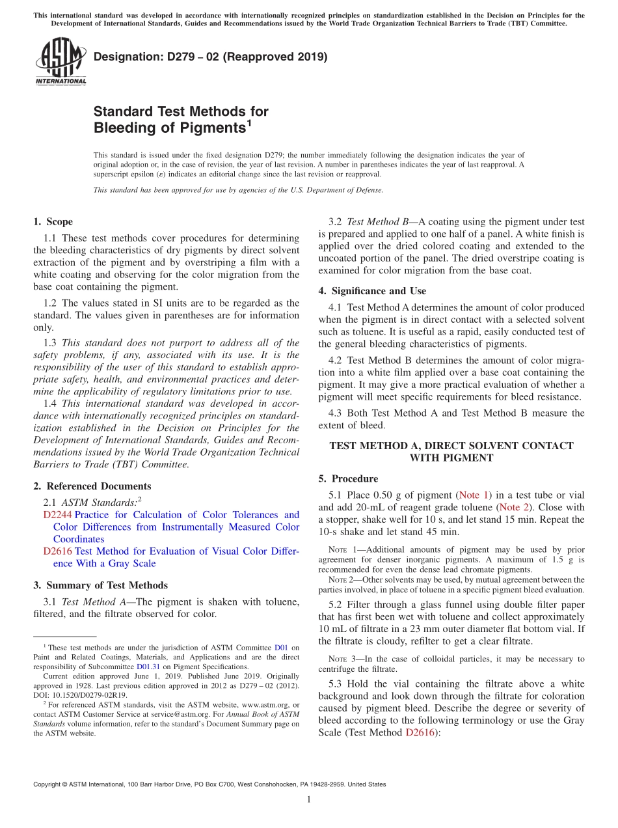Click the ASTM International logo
(60, 61)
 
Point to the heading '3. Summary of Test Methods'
(100, 585)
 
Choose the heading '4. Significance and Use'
(372, 290)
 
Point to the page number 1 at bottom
(308, 800)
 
